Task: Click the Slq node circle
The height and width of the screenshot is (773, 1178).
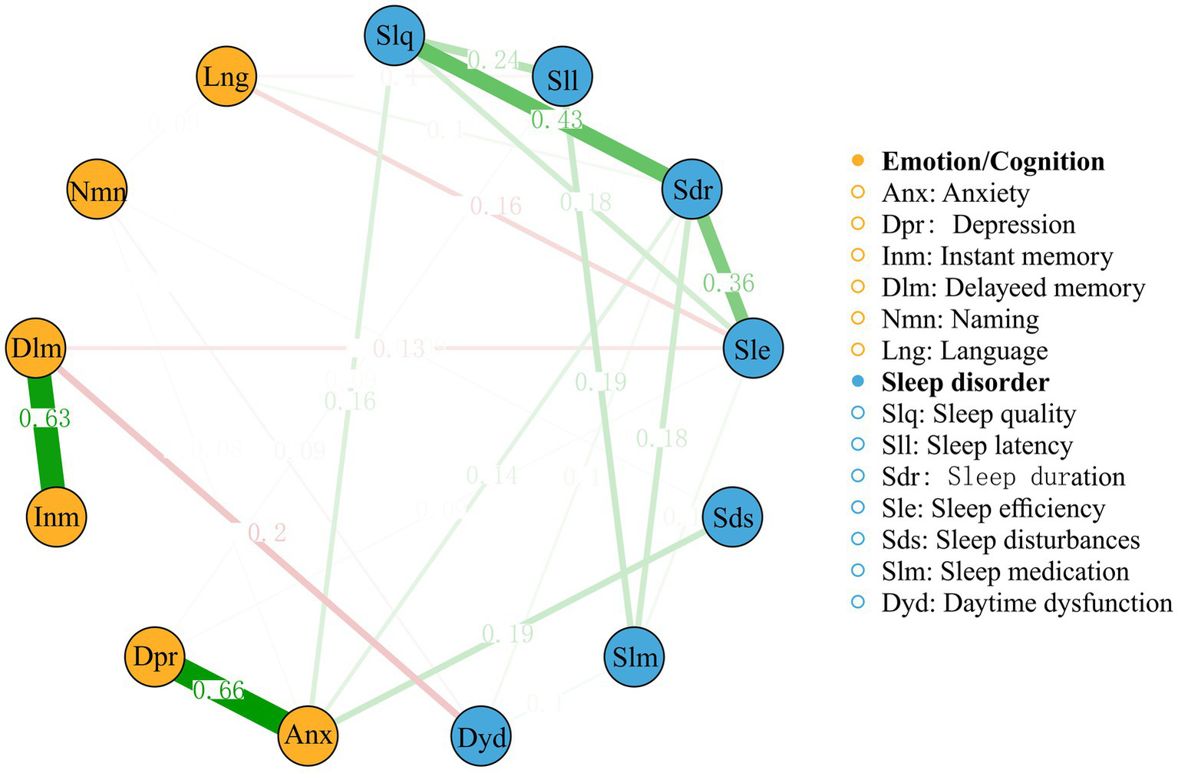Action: (x=396, y=35)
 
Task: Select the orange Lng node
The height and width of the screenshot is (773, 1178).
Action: (x=226, y=77)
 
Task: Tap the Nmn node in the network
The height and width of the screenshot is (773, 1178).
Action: (x=97, y=190)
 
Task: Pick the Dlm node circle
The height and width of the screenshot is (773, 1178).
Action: (x=36, y=348)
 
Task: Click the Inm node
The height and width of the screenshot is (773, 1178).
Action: (x=57, y=517)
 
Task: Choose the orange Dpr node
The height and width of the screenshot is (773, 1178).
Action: (x=154, y=657)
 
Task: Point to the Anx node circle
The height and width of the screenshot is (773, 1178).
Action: (x=308, y=735)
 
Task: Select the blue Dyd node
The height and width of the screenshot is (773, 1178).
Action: (x=481, y=738)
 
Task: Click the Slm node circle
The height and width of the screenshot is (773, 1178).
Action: (x=635, y=657)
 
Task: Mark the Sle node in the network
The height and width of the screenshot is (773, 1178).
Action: (x=752, y=349)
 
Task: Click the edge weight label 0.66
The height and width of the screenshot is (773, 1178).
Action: (x=219, y=691)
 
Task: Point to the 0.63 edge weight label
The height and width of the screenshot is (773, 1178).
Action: (x=45, y=418)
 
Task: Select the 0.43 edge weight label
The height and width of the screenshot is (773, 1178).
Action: (x=557, y=120)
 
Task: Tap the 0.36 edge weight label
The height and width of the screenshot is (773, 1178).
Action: (x=729, y=283)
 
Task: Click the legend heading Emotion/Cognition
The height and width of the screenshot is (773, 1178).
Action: (x=993, y=161)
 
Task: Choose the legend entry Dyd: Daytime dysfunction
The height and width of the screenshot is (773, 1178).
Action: (x=1027, y=603)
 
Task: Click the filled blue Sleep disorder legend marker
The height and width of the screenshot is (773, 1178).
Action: (x=858, y=382)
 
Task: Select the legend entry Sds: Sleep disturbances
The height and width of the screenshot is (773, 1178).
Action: (x=1011, y=540)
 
